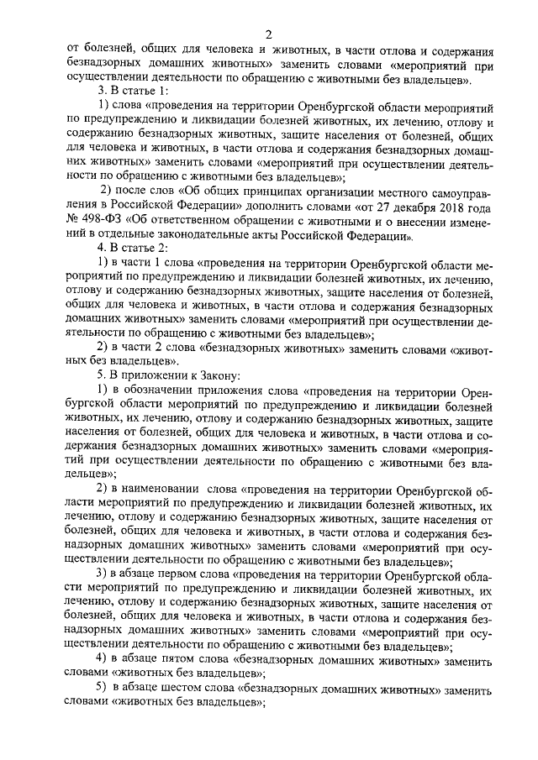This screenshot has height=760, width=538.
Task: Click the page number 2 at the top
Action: pos(268,34)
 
